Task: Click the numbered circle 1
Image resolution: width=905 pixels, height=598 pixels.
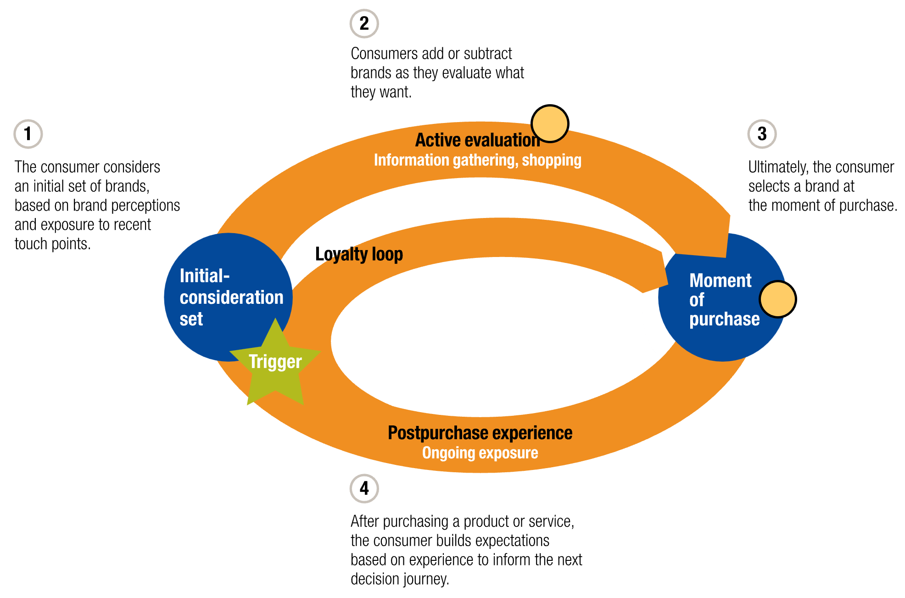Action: tap(28, 134)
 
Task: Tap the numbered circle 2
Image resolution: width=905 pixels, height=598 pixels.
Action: tap(364, 23)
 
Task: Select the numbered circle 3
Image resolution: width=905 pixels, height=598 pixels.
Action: tap(762, 134)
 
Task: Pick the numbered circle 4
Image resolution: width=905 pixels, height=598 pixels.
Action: tap(364, 488)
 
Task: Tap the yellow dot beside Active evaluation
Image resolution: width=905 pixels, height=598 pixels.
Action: tap(550, 124)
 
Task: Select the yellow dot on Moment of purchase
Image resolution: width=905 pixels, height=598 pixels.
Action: tap(777, 299)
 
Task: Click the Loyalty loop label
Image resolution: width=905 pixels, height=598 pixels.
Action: tap(358, 254)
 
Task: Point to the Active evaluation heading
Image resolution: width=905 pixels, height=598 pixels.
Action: tap(477, 140)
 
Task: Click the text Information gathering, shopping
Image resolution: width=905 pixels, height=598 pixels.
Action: tap(477, 160)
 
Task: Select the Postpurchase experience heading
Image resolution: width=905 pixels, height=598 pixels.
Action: tap(480, 433)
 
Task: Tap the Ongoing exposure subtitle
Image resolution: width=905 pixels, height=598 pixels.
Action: tap(480, 453)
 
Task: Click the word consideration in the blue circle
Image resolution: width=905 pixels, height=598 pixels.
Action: tap(231, 297)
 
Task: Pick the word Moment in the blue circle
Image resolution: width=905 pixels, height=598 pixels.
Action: tap(720, 280)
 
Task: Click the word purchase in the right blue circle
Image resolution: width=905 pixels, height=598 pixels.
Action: tap(724, 319)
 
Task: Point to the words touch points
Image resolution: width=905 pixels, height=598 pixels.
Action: tap(52, 244)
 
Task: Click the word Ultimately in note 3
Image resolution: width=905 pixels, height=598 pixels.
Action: tap(777, 167)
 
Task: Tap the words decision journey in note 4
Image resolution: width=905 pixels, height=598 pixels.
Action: tap(399, 579)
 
